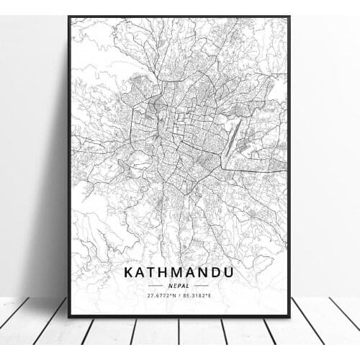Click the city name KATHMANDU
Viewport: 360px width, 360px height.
(x=179, y=273)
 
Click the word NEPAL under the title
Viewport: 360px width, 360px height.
(x=179, y=286)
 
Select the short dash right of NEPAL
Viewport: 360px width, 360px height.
(x=202, y=286)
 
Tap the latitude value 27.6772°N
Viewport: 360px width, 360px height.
(x=160, y=296)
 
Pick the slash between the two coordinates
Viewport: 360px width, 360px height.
(x=180, y=296)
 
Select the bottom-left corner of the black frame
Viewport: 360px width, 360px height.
(x=69, y=316)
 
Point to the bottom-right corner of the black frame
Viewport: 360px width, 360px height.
(x=289, y=316)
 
